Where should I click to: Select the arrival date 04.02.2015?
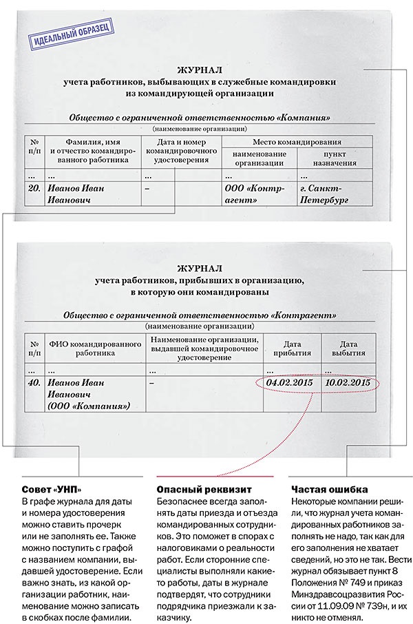coord(286,383)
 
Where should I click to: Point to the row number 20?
coord(33,187)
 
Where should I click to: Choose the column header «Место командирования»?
coord(293,141)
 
